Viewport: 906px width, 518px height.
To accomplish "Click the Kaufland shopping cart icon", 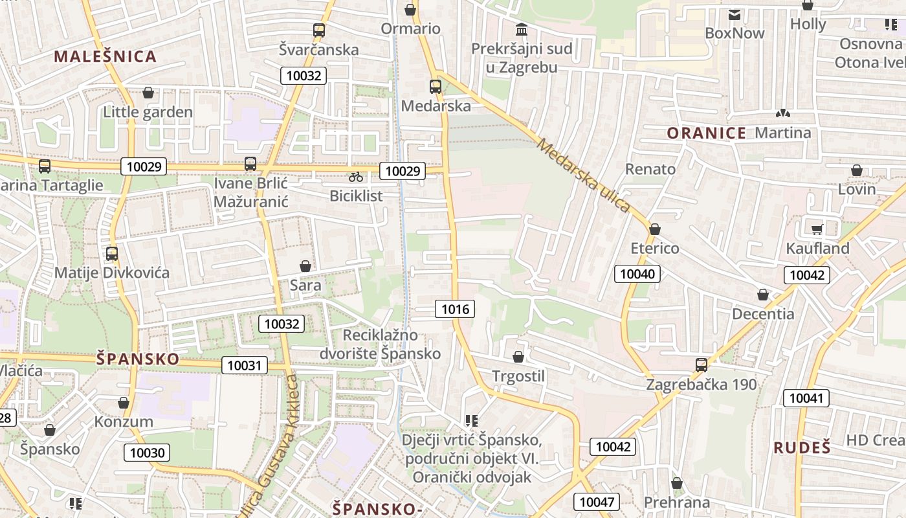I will pyautogui.click(x=817, y=229).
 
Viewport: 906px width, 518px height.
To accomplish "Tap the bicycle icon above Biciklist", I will pyautogui.click(x=356, y=176).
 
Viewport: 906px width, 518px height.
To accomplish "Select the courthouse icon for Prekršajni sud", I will pyautogui.click(x=522, y=29).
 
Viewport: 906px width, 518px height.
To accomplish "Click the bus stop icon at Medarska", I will pyautogui.click(x=436, y=86).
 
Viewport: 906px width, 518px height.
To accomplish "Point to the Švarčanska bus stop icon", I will pyautogui.click(x=318, y=30).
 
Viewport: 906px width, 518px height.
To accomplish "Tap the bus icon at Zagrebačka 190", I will pyautogui.click(x=702, y=365).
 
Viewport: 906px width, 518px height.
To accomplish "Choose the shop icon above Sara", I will pyautogui.click(x=305, y=266).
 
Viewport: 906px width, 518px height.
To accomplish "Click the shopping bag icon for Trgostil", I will pyautogui.click(x=518, y=357).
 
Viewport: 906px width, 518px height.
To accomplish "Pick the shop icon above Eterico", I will pyautogui.click(x=655, y=229).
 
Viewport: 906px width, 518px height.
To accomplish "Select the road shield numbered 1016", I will pyautogui.click(x=455, y=309).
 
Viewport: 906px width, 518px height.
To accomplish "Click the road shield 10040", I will pyautogui.click(x=637, y=274).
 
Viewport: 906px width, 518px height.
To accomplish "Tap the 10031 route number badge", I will pyautogui.click(x=244, y=365).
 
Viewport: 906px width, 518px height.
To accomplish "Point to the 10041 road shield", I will pyautogui.click(x=806, y=398).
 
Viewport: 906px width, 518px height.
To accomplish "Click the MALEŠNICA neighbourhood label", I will pyautogui.click(x=105, y=56).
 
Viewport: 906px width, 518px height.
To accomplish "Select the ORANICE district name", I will pyautogui.click(x=707, y=133).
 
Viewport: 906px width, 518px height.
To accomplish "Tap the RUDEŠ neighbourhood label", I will pyautogui.click(x=802, y=447).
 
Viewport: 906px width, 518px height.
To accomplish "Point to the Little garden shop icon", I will pyautogui.click(x=148, y=93).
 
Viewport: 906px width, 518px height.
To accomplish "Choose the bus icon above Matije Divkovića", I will pyautogui.click(x=112, y=253).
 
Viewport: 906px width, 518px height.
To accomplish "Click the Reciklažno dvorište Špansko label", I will pyautogui.click(x=380, y=344).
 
